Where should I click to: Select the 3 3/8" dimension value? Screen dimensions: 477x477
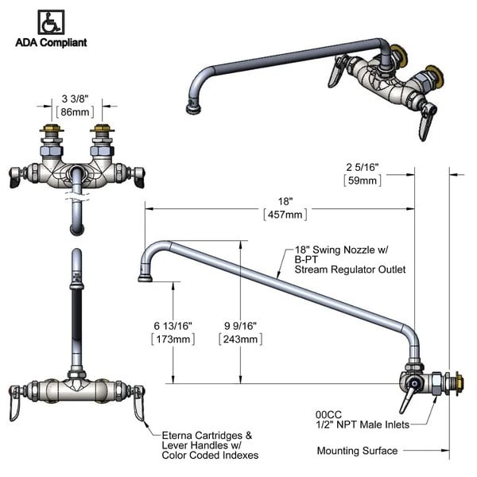coord(77,99)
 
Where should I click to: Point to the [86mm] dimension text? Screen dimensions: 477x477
coord(77,112)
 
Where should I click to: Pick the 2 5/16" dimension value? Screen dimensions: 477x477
coord(363,167)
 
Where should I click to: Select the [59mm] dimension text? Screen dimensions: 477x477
coord(363,180)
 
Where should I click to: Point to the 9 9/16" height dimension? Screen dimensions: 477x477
coord(241,326)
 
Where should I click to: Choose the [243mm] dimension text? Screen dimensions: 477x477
coord(241,339)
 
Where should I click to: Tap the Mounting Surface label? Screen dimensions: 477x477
coord(357,451)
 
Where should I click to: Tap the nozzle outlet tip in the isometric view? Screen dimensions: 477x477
coord(192,105)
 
